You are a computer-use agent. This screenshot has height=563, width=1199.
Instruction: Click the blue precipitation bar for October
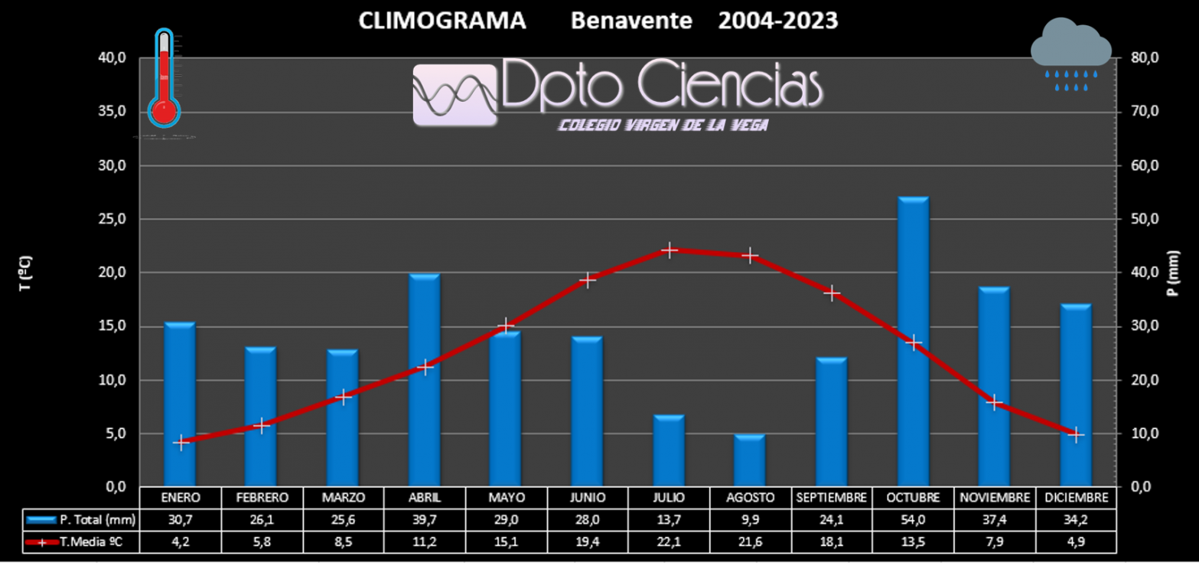913,342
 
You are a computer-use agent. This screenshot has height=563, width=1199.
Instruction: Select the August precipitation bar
750,460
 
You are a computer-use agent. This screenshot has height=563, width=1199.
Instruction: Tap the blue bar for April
424,380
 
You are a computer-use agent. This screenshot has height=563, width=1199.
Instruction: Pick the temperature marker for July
670,250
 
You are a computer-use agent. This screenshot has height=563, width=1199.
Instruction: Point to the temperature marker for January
181,443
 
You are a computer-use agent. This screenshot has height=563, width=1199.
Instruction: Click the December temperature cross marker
1076,434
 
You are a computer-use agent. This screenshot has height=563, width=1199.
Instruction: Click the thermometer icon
164,79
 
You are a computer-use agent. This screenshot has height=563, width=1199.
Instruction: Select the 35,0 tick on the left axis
113,112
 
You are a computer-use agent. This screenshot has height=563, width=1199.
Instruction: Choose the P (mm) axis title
1173,273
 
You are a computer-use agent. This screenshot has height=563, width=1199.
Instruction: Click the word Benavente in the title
631,21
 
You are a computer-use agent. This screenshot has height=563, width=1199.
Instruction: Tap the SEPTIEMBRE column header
832,497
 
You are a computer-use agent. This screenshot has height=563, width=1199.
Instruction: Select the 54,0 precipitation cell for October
913,519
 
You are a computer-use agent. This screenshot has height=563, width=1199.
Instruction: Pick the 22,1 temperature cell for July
670,542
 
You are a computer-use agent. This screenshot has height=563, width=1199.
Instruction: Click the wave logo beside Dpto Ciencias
455,94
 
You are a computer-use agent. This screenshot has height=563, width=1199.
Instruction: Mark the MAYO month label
506,497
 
